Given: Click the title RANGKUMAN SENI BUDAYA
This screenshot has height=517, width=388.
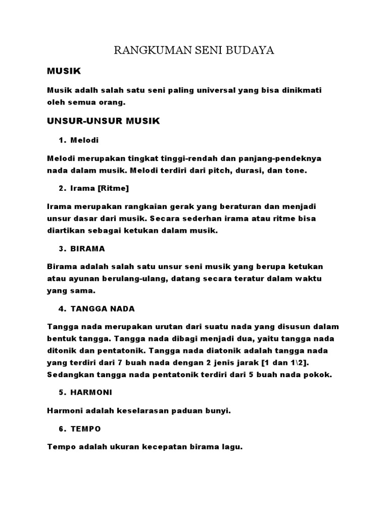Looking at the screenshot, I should (x=194, y=51).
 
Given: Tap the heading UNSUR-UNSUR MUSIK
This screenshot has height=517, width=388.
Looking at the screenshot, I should (x=103, y=121).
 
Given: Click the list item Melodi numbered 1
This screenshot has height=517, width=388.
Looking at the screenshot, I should (x=85, y=140).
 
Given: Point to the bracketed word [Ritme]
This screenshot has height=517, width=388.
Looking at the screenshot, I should (x=114, y=188).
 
